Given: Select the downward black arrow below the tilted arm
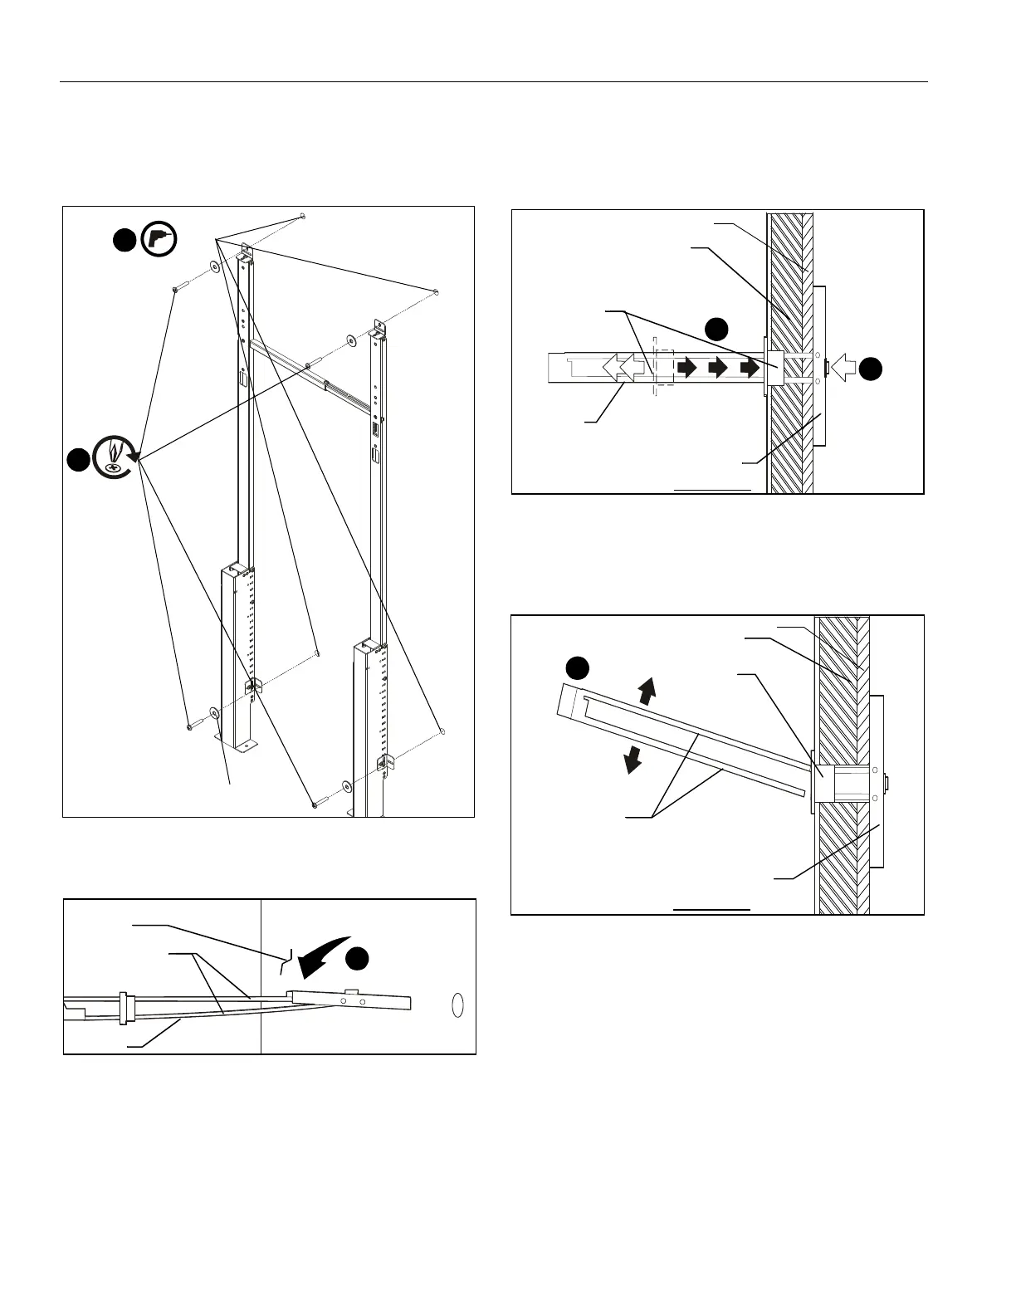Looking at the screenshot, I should (x=634, y=758).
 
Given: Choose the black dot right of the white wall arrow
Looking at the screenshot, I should (x=869, y=368).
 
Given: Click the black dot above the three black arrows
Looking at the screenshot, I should (x=716, y=328).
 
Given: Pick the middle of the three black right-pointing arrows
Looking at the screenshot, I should (x=718, y=366).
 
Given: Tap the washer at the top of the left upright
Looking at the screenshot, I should (x=214, y=266).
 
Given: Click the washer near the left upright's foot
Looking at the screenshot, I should (x=214, y=712).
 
